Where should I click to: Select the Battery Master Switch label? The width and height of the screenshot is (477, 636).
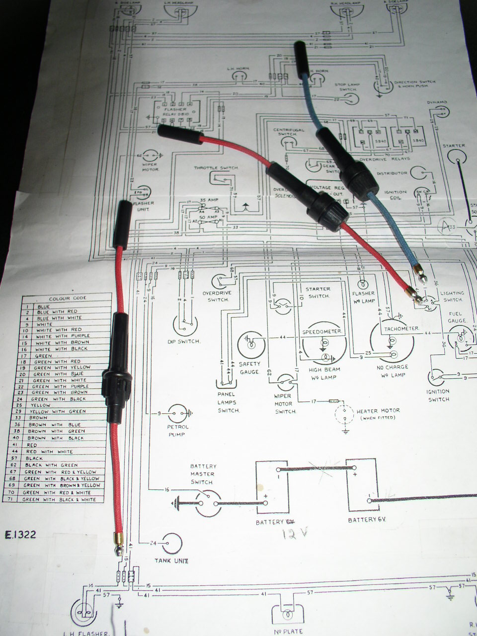pos(203,474)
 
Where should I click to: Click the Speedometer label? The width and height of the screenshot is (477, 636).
pos(322,331)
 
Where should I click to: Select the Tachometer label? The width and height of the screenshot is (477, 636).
pos(400,328)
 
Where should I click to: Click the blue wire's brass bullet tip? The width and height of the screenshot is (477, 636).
pos(420,273)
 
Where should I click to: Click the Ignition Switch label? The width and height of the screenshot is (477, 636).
pos(438,396)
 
